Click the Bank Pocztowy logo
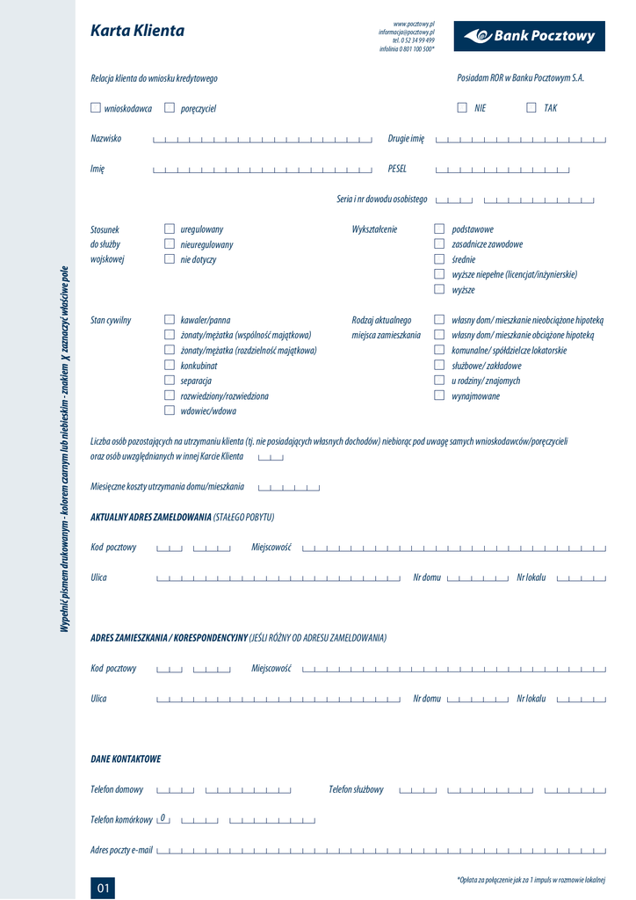pos(529,36)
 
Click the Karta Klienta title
pos(137,32)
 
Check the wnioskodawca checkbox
pos(96,108)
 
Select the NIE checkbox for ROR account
pos(462,108)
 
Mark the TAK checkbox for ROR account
pos(531,108)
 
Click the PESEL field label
pos(397,169)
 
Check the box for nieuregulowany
pos(170,244)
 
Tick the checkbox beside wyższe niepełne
pos(439,275)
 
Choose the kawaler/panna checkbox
pos(170,321)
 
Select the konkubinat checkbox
pos(170,366)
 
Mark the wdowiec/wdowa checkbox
pos(170,410)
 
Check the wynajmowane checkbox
pos(439,396)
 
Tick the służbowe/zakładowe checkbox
pos(439,366)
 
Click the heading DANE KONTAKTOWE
pos(126,758)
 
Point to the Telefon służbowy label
pos(356,789)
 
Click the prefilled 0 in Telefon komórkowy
pos(163,818)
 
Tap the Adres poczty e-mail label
pos(121,850)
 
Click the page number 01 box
pos(103,888)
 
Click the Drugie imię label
pos(406,139)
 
